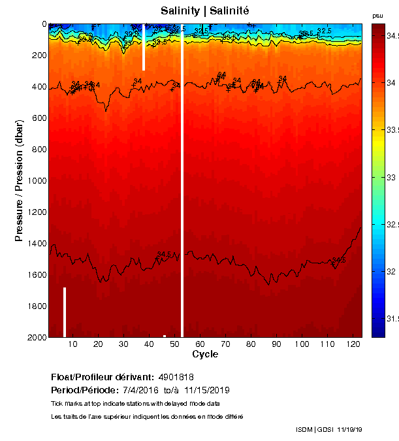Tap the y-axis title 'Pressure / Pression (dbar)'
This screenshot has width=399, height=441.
point(19,180)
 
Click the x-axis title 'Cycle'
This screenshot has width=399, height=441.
point(205,354)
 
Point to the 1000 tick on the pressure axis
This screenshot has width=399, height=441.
point(33,181)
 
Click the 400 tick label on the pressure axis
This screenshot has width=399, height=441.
point(36,87)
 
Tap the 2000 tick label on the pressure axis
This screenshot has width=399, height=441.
point(33,337)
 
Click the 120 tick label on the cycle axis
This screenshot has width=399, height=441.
point(353,344)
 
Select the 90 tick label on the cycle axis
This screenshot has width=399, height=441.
point(276,344)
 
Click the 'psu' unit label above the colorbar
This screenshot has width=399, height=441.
point(377,16)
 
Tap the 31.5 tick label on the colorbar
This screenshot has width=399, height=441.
point(391,319)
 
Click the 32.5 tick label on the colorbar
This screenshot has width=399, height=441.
point(391,224)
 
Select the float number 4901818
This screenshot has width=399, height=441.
point(176,377)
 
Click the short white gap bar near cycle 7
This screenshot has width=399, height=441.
point(65,312)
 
